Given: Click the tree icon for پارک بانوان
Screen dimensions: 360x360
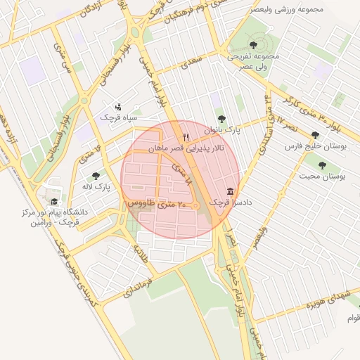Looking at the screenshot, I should point(222,120).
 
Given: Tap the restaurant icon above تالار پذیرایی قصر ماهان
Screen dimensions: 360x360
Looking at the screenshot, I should point(186,138).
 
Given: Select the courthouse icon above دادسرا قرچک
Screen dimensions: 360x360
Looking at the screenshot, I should point(231,191).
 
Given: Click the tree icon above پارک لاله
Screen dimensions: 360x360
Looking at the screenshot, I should point(96,176).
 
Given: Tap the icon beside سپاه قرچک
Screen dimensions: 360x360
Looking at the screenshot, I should point(118,107).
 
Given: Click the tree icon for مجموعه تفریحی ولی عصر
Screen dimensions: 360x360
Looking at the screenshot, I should point(252,44).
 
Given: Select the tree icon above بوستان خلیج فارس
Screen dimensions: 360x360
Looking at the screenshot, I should point(315,135).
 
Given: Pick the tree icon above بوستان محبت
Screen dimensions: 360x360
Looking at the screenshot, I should point(322,166).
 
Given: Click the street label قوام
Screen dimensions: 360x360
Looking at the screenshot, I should point(352,319).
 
